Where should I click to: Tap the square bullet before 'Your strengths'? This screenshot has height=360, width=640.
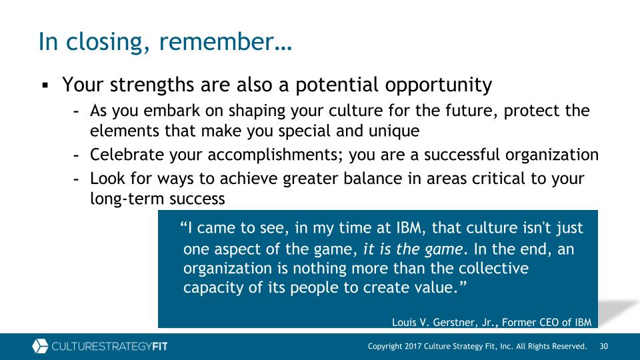tap(45, 86)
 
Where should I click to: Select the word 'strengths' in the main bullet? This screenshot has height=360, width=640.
tap(152, 85)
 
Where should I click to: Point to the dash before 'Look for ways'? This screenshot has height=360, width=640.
tap(76, 179)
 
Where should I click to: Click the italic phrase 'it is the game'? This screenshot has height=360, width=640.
tap(413, 249)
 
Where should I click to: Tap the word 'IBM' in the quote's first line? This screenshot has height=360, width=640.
tap(409, 228)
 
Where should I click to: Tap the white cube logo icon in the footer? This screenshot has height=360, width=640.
tap(40, 346)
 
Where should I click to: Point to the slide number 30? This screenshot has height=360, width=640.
tap(604, 346)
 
